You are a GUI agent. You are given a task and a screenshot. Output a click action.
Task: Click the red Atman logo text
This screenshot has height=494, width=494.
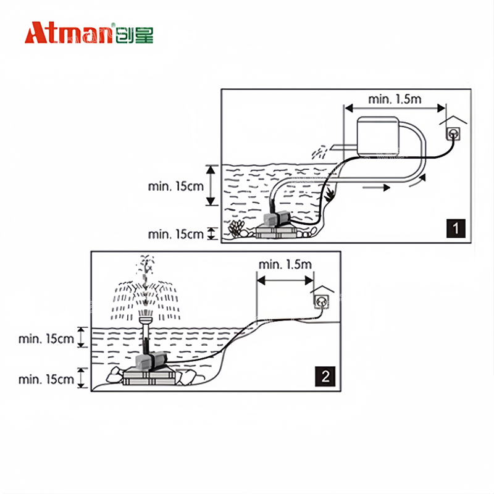(69, 33)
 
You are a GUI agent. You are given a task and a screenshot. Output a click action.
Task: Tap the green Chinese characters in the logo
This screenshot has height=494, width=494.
(134, 35)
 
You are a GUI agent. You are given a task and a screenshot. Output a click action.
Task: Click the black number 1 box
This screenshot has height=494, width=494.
(456, 228)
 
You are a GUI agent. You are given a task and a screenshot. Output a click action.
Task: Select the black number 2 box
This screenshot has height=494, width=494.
(325, 376)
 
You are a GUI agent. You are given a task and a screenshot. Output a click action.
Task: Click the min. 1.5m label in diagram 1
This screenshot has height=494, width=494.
(395, 99)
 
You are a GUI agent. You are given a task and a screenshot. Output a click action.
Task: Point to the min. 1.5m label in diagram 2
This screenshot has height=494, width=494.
(285, 264)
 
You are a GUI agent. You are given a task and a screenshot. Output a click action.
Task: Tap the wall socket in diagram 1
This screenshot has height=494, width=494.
(453, 134)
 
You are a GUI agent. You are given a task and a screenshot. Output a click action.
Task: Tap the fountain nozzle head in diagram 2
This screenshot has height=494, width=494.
(146, 319)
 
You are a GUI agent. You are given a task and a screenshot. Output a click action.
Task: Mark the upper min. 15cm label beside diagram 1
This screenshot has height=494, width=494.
(176, 186)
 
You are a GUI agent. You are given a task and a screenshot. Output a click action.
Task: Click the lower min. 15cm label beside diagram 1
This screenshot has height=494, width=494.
(176, 235)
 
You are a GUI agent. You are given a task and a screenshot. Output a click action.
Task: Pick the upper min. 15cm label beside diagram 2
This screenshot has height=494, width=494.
(46, 339)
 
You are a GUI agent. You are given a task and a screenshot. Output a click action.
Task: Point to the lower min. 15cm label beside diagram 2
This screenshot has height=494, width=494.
(46, 379)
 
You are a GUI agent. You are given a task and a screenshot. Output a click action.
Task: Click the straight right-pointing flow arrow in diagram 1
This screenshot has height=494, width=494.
(376, 188)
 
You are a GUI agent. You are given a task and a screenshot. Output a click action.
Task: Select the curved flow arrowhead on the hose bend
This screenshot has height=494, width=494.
(422, 178)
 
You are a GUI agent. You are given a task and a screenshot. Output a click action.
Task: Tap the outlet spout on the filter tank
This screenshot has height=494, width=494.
(344, 146)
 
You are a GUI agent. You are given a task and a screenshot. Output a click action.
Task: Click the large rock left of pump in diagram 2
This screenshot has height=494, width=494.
(114, 375)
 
